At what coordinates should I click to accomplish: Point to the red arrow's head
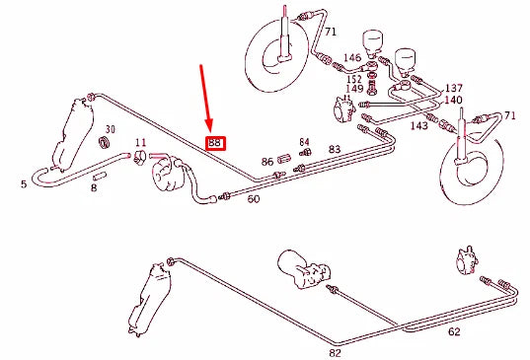[x=210, y=128]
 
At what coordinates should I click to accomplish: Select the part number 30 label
[x=111, y=130]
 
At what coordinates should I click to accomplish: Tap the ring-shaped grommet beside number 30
[x=103, y=145]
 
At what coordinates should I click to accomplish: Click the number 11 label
[x=141, y=143]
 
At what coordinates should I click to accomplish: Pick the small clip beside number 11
[x=142, y=156]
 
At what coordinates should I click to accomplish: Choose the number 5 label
[x=24, y=182]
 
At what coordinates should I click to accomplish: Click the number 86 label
[x=267, y=161]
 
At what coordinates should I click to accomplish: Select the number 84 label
[x=305, y=142]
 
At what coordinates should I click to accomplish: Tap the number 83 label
[x=335, y=149]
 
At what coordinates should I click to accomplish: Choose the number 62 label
[x=453, y=332]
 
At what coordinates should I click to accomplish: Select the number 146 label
[x=352, y=59]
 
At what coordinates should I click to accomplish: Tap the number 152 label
[x=353, y=78]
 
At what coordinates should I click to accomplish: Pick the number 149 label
[x=353, y=89]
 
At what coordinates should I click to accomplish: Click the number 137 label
[x=453, y=88]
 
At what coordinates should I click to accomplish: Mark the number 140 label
[x=453, y=101]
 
